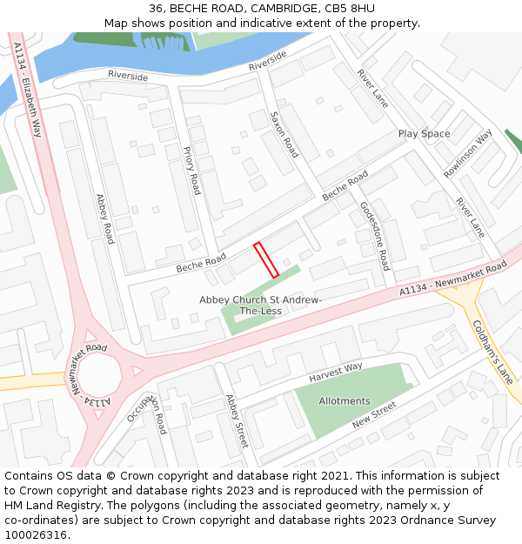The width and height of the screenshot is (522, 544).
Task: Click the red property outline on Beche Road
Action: [266, 259]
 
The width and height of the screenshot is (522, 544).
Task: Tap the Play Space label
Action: [424, 134]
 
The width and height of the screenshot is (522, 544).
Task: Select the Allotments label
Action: [344, 401]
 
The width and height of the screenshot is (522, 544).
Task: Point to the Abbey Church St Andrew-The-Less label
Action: [261, 306]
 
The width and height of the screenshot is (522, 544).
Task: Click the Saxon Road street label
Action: [284, 134]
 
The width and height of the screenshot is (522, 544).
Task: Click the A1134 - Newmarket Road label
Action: [452, 279]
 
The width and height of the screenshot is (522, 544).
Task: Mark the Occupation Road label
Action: [148, 409]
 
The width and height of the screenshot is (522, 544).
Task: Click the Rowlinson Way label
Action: [467, 154]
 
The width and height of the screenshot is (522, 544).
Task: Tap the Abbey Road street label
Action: [104, 219]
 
